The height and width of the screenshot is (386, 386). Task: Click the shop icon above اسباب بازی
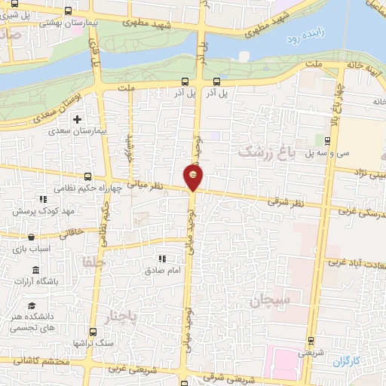[30, 237]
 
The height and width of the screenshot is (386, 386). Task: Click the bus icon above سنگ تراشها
[91, 332]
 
